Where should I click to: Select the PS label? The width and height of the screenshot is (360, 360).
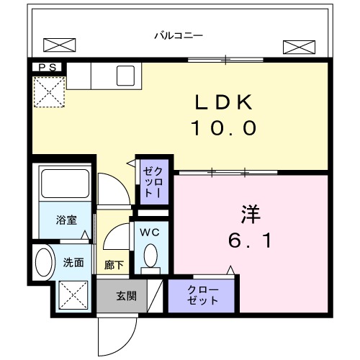47,68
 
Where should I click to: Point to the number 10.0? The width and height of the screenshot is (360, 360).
223,129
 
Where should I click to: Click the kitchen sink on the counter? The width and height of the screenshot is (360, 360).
127,74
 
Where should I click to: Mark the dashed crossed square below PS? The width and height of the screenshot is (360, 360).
48,93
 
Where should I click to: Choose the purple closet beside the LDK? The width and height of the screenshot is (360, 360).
154,182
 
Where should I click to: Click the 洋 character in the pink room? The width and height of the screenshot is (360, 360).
249,215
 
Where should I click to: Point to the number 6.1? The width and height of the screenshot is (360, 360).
250,240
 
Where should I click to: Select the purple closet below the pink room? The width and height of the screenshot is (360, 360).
203,295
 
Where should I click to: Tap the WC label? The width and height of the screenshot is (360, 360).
150,233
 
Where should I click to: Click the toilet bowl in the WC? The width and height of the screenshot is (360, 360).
150,256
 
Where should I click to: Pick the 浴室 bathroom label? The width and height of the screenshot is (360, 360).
67,220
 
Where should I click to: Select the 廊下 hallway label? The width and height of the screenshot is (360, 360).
114,264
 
